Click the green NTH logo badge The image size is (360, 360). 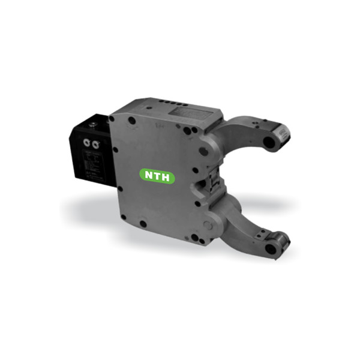coord(158,176)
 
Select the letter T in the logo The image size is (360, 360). coord(158,176)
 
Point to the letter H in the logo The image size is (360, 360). coord(167,176)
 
